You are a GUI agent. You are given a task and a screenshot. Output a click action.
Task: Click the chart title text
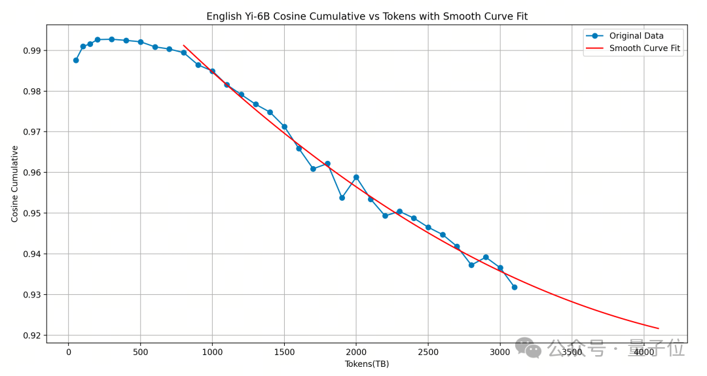pos(367,16)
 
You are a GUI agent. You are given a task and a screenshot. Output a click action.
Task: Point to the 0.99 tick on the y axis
pos(32,50)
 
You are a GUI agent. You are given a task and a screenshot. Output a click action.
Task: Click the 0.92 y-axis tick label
pos(32,335)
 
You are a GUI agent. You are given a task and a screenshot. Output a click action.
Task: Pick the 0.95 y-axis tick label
pos(32,213)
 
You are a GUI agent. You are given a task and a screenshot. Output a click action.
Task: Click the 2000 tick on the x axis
pos(356,352)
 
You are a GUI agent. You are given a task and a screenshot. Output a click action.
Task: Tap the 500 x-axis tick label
pos(140,352)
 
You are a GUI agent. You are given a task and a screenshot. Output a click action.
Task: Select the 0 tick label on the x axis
pos(69,352)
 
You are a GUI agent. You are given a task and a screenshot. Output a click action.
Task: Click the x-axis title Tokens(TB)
pos(367,364)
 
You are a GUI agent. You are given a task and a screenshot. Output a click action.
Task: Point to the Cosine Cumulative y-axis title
pos(15,184)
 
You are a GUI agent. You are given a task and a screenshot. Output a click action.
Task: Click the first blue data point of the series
pos(76,60)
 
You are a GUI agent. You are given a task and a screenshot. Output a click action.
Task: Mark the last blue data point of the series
pos(515,287)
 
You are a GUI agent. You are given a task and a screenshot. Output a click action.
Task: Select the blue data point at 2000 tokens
pos(356,177)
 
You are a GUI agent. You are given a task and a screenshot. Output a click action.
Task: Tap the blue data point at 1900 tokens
pos(342,197)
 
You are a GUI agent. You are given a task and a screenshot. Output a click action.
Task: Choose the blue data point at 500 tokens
pos(140,42)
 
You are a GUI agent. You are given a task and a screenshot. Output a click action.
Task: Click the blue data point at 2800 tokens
pos(471,265)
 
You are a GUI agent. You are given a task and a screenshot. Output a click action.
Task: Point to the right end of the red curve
pos(658,328)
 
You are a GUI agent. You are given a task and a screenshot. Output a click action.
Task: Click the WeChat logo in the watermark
pos(528,347)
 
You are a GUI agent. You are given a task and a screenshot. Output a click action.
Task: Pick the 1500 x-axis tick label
pos(284,352)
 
